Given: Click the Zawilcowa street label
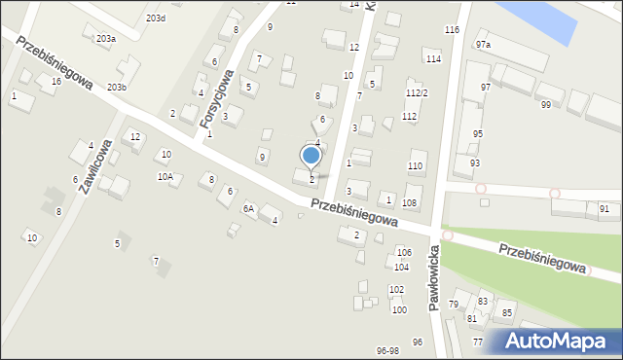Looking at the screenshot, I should [x=95, y=167].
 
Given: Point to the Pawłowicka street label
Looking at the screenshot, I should [x=434, y=276].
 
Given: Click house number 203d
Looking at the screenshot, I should [x=155, y=18].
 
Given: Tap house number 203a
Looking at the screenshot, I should [x=105, y=38].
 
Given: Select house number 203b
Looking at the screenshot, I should [x=117, y=88].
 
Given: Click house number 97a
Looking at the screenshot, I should [x=483, y=45].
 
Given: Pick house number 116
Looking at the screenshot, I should [x=452, y=30].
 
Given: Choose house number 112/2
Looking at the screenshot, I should [x=417, y=93].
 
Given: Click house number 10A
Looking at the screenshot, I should [x=165, y=177].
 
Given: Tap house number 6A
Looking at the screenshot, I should [x=248, y=209].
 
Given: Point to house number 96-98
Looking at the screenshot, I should [x=387, y=350].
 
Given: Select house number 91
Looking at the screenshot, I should [x=605, y=209].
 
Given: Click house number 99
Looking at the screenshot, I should [x=545, y=105].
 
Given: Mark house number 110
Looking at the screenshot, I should [x=415, y=166].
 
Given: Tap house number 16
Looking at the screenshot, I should [x=56, y=82].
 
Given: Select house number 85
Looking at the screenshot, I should [x=507, y=312].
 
